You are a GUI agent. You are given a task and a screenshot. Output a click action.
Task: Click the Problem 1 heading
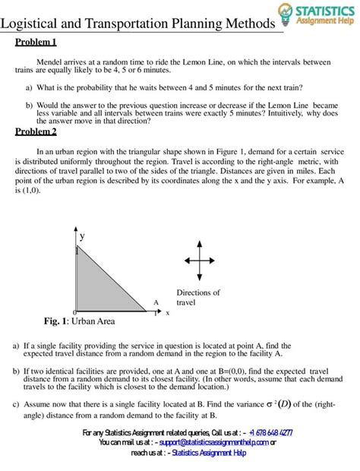click(x=36, y=42)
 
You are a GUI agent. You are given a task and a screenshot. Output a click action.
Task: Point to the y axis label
click(x=82, y=236)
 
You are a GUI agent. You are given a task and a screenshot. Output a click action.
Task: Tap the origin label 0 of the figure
click(x=74, y=313)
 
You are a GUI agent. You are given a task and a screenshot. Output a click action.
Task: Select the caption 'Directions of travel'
click(x=197, y=297)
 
